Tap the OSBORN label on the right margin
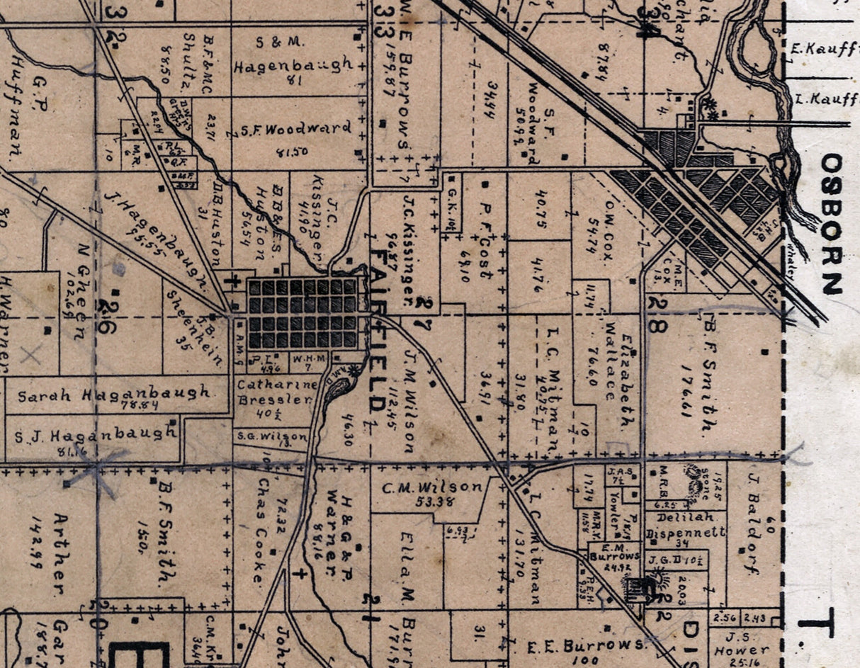[x=832, y=224]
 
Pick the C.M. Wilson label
[x=432, y=487]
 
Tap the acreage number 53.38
[x=431, y=502]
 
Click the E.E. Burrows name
[x=587, y=645]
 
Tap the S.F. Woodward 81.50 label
[x=296, y=129]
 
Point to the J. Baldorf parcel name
[x=752, y=524]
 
